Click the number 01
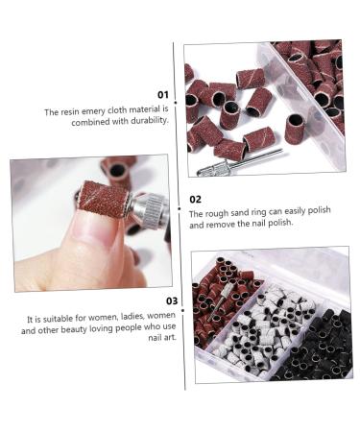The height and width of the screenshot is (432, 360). [x=162, y=95]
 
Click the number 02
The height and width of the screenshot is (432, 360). [x=195, y=199]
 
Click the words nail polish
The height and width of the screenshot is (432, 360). [x=270, y=225]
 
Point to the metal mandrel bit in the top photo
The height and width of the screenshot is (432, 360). [x=251, y=160]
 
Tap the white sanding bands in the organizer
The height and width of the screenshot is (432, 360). [x=263, y=317]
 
